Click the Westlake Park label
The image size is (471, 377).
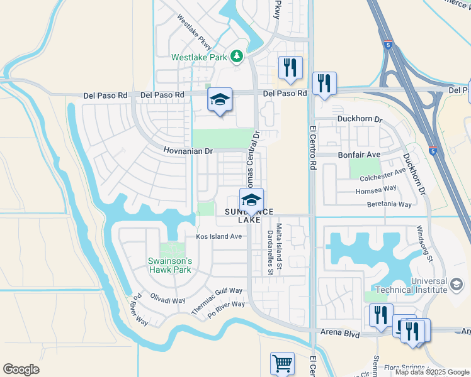click(x=199, y=57)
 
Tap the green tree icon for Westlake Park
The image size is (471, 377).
click(x=237, y=57)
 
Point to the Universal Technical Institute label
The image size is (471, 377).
click(x=411, y=285)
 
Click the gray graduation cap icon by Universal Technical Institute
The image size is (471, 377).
click(x=455, y=285)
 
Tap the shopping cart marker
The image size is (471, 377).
click(x=282, y=364)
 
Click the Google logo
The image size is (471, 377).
click(x=21, y=369)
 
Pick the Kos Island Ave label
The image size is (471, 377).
click(x=219, y=237)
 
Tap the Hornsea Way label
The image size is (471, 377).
click(x=377, y=188)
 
